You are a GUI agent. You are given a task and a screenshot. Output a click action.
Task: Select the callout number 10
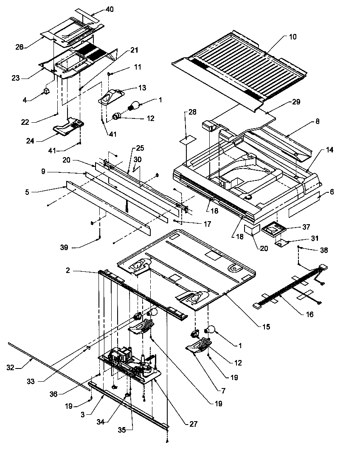[x=292, y=37]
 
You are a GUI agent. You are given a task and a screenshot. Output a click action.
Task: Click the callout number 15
[x=266, y=327]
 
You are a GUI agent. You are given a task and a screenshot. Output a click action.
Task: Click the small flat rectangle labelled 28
[x=185, y=139]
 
